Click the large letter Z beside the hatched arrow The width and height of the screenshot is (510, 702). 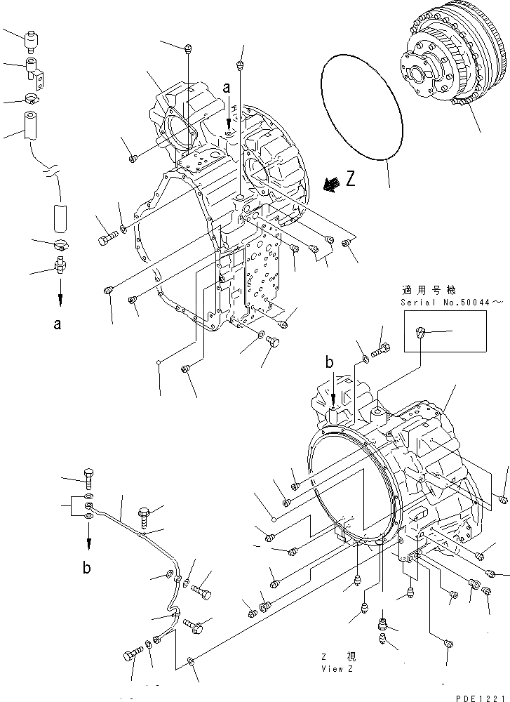coord(351,179)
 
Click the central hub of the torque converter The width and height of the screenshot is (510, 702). coord(426,73)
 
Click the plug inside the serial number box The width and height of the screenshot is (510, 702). coord(420,334)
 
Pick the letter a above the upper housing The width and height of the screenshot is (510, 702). coord(226,88)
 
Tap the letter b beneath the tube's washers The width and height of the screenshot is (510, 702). coord(86,568)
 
